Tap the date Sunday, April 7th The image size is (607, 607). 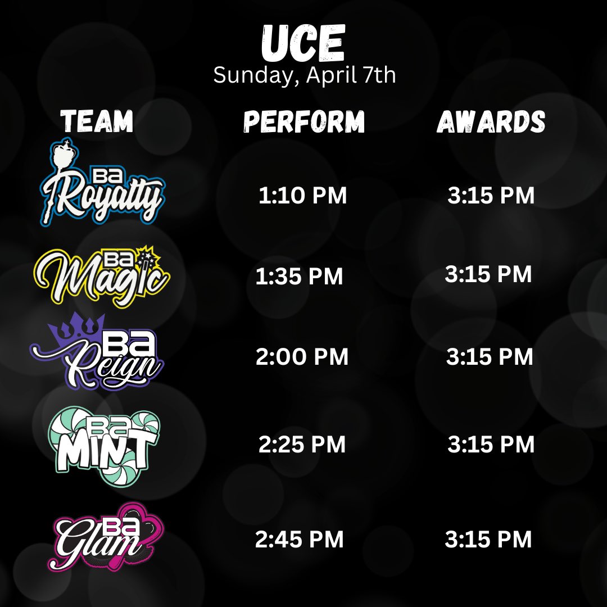coord(304,75)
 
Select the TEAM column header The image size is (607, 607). coord(97,121)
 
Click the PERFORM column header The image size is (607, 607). coord(303,121)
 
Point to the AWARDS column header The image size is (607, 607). coord(491,121)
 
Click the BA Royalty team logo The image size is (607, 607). coord(101,185)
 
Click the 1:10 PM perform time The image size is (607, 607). coord(302,196)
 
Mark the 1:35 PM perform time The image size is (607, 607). coord(299,277)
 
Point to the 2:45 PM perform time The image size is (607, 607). coord(299,540)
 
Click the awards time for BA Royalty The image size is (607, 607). coord(491,196)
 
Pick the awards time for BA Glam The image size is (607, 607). coord(488,540)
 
